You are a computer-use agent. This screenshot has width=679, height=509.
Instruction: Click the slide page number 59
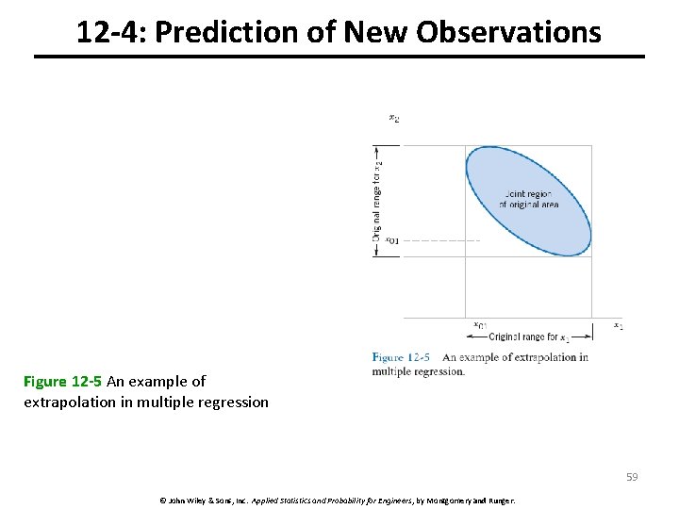pyautogui.click(x=632, y=477)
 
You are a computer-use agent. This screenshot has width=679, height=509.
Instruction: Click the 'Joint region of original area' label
pyautogui.click(x=528, y=199)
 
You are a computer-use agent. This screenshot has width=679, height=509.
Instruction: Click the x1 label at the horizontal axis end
pyautogui.click(x=619, y=326)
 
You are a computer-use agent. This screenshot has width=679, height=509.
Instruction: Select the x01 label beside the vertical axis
pyautogui.click(x=391, y=240)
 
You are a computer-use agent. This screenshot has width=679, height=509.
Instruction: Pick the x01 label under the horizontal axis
pyautogui.click(x=480, y=326)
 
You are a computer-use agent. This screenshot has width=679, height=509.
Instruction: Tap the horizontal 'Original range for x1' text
pyautogui.click(x=528, y=337)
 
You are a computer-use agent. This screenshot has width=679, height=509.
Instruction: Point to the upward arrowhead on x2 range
pyautogui.click(x=377, y=149)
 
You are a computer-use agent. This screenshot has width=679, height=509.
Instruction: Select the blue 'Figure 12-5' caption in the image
pyautogui.click(x=401, y=357)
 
